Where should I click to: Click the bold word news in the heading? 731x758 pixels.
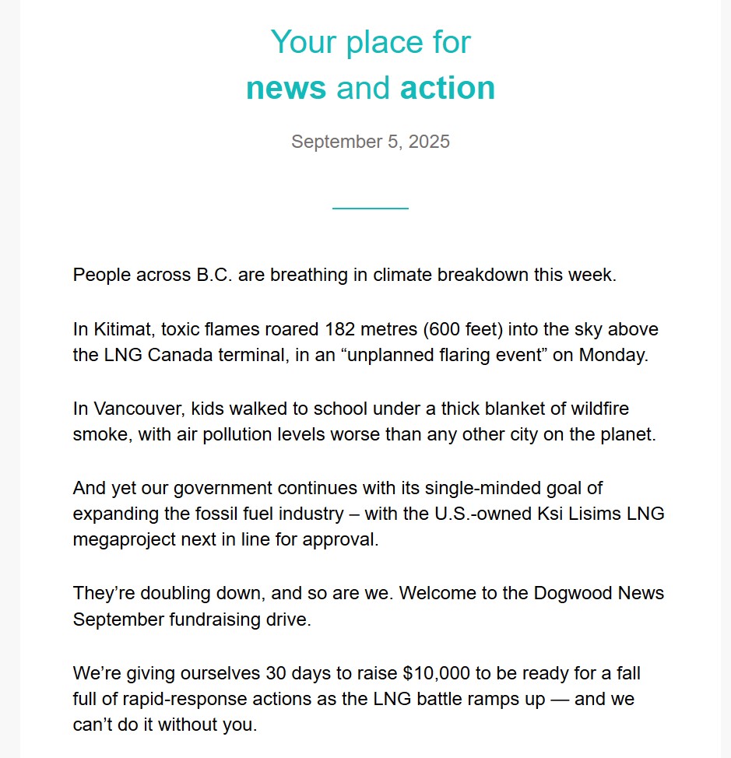[x=286, y=88]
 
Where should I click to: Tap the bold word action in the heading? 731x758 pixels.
[x=448, y=88]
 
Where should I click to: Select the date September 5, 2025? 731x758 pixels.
[x=370, y=142]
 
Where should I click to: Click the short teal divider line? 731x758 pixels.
[x=370, y=209]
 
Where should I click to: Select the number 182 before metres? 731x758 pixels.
[x=342, y=329]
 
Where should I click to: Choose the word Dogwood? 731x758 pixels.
[x=576, y=593]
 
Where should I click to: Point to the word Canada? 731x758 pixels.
[x=176, y=356]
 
